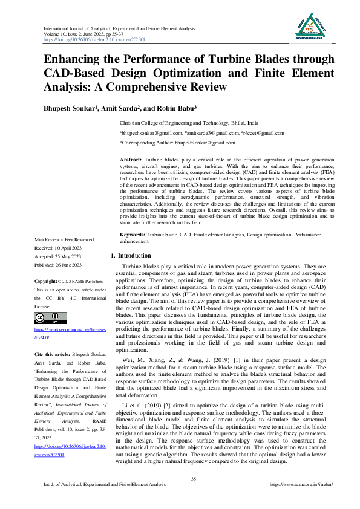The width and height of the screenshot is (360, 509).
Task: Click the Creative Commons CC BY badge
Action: pos(50,319)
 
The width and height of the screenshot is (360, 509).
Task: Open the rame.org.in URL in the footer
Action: pos(301,485)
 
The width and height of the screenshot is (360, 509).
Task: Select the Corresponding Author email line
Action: pos(169,143)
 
